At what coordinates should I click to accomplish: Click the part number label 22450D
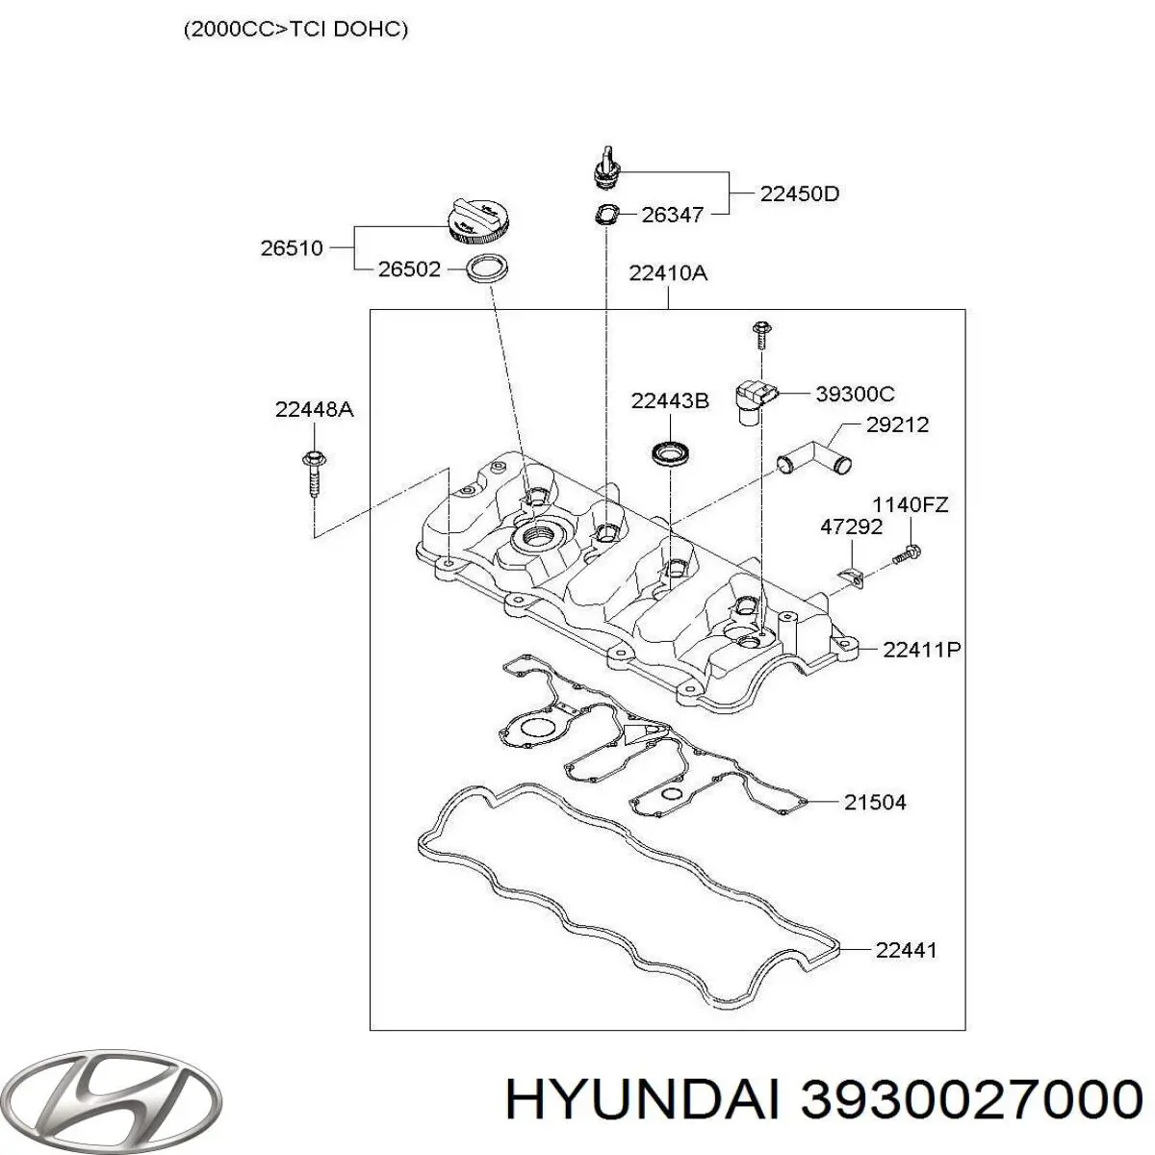pyautogui.click(x=799, y=193)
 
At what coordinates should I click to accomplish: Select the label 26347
pyautogui.click(x=672, y=216)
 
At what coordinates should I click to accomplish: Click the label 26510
pyautogui.click(x=291, y=247)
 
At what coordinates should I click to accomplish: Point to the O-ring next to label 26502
pyautogui.click(x=487, y=269)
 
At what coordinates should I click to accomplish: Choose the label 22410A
pyautogui.click(x=668, y=272)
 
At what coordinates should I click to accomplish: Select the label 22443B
pyautogui.click(x=670, y=400)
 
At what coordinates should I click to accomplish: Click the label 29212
pyautogui.click(x=897, y=424)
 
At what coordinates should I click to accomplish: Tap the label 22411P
pyautogui.click(x=921, y=650)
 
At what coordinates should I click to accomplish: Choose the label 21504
pyautogui.click(x=874, y=801)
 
